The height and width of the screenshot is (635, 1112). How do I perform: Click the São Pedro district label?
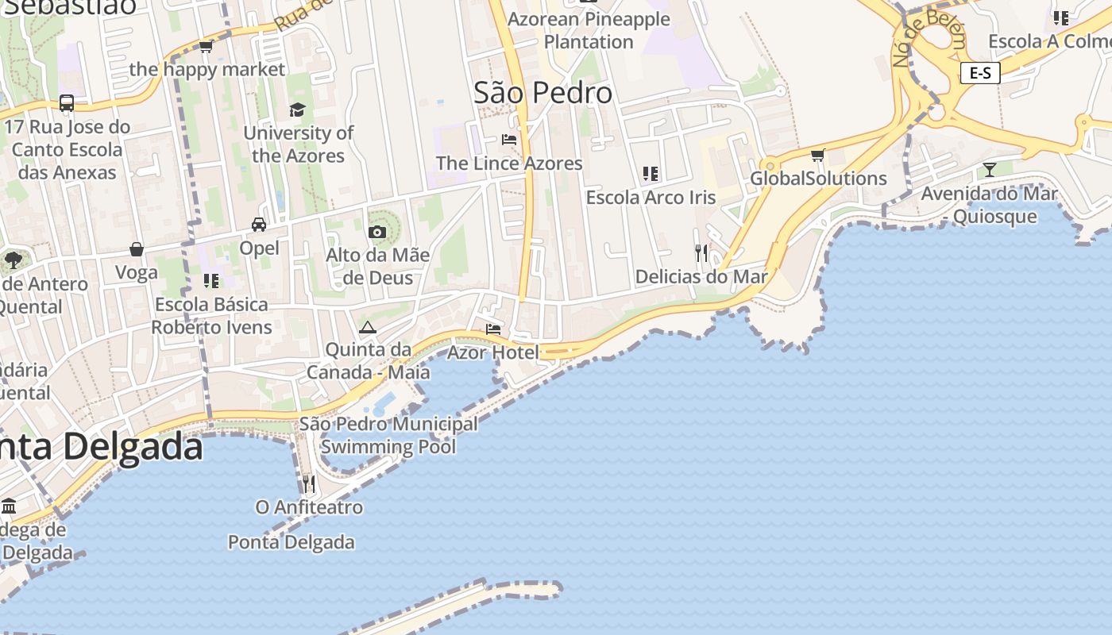pos(542,93)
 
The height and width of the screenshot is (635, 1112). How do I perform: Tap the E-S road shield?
pos(979,73)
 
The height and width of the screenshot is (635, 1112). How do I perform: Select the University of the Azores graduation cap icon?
pos(297,110)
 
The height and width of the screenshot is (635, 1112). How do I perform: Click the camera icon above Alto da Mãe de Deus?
pos(377,232)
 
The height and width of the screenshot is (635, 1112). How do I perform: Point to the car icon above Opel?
pos(259,225)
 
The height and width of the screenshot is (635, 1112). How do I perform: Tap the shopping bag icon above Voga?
pos(137,249)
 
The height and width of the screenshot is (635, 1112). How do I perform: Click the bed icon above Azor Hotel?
pos(493,329)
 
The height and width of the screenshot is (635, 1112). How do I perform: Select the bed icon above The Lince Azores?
pos(509,140)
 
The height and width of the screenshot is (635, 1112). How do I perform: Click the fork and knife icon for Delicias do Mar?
pos(701,253)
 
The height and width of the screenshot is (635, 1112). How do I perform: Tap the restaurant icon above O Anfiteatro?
pos(309,483)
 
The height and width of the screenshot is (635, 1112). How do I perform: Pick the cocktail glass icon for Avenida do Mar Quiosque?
pos(989,169)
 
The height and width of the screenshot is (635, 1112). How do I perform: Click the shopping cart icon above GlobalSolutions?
pos(817,155)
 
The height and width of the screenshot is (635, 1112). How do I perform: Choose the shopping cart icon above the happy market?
pos(207,47)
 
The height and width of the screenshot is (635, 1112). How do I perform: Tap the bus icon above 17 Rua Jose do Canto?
pos(67,103)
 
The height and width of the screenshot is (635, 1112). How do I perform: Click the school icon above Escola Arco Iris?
pos(651,173)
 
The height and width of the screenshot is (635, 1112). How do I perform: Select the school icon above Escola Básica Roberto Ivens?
pos(211,280)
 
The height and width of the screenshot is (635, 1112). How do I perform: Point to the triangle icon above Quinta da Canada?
pos(367,327)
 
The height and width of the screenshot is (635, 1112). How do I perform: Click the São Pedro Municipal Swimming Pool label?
pos(388,435)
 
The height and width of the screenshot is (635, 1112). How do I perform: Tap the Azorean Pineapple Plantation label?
pos(589,30)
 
